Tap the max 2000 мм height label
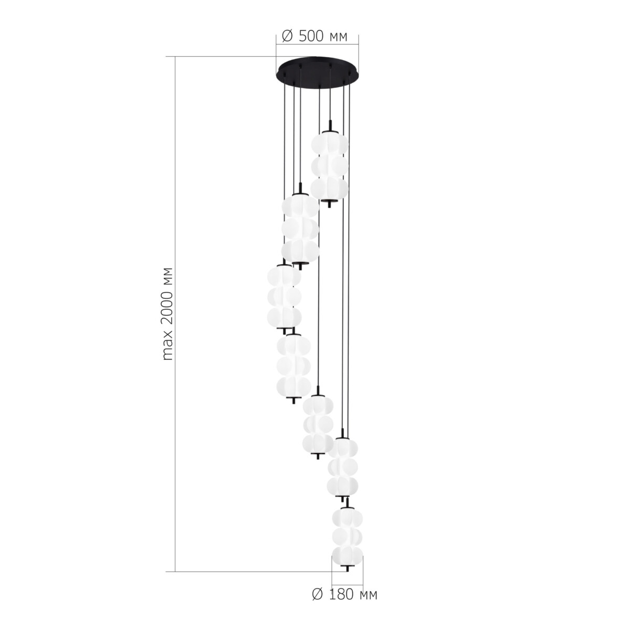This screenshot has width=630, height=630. coord(167,314)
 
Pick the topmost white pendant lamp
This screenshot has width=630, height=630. coord(329,165)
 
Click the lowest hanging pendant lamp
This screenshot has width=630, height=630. coord(346,539)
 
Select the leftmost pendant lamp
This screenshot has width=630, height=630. coord(284,298)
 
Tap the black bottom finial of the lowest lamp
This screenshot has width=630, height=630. coord(346,569)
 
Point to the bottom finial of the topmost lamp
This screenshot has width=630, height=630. coord(329,204)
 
